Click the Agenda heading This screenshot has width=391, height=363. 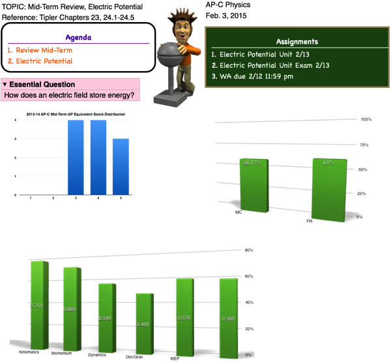[79, 37]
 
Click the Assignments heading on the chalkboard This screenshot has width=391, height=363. [297, 42]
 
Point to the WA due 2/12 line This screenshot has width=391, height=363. [256, 76]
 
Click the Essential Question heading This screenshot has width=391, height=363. [42, 85]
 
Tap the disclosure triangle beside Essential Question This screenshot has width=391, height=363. [5, 85]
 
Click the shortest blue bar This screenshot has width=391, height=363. [121, 166]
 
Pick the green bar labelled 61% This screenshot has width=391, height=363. [329, 189]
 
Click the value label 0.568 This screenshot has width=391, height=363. [228, 319]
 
